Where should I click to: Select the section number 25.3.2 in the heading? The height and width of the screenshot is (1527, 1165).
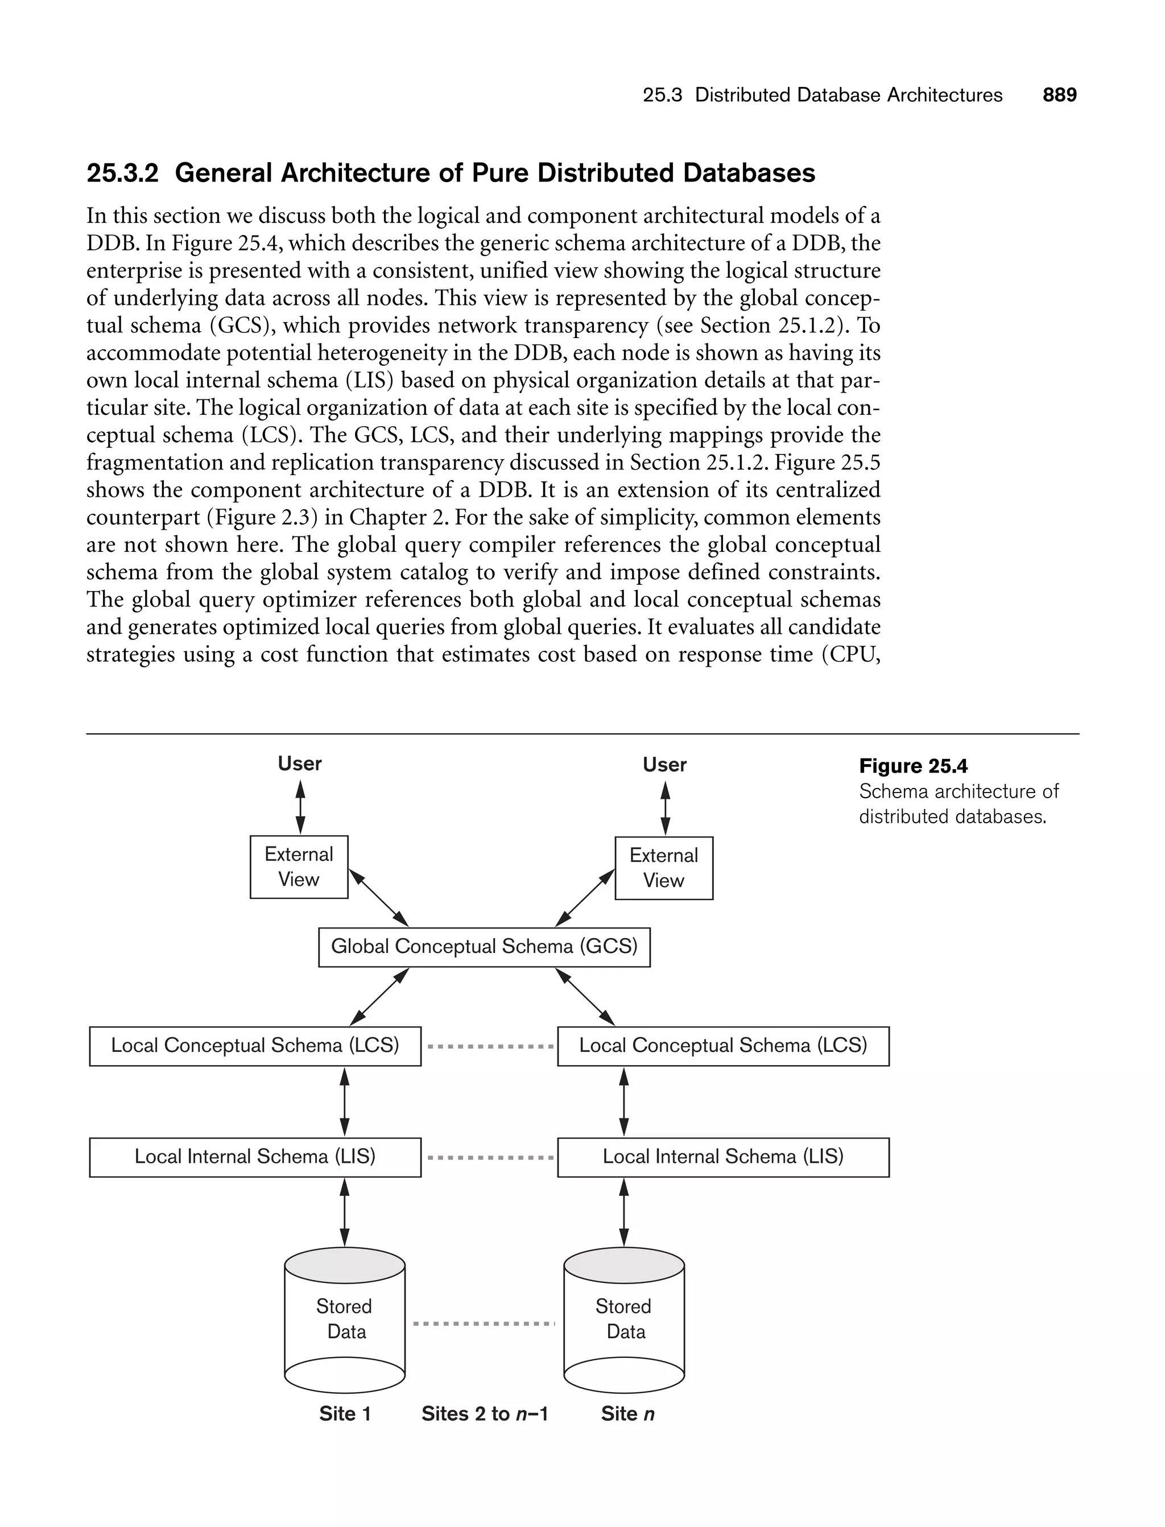coord(123,174)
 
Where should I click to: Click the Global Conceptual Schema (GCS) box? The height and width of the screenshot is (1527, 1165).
coord(484,947)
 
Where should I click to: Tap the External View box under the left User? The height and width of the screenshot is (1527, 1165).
coord(299,867)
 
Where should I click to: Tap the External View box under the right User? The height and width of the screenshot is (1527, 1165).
coord(664,868)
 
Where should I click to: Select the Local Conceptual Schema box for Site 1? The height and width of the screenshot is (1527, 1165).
coord(255,1046)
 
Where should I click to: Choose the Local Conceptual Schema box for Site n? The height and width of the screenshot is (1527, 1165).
coord(723,1046)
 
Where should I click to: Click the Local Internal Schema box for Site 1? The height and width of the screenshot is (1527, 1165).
coord(255,1157)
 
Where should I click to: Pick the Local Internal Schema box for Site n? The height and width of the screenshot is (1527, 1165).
coord(723,1157)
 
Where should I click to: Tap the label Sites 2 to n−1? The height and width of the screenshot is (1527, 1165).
coord(485,1414)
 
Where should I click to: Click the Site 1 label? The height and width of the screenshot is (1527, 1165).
coord(345,1414)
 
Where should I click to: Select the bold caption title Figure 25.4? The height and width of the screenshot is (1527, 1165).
coord(913,766)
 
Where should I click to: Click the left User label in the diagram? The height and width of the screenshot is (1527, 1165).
coord(300,763)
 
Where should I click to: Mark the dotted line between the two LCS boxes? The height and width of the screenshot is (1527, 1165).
coord(490,1046)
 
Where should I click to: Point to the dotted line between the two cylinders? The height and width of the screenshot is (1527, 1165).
coord(484,1324)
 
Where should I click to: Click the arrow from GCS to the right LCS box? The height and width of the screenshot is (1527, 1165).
coord(585,997)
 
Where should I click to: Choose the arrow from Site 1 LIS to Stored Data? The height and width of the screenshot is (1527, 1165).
coord(345,1212)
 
